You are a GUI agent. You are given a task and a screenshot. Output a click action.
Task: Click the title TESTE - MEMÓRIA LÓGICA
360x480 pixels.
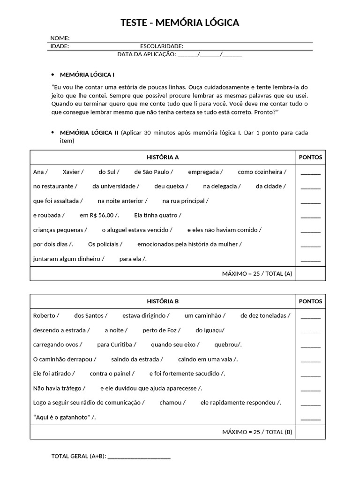pos(180,22)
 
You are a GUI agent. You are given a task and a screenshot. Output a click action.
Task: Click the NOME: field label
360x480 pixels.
pos(60,38)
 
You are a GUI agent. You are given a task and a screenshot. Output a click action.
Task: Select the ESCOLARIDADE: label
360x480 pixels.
pos(162,46)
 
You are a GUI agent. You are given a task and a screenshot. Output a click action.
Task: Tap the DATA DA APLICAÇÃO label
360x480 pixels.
pos(146,54)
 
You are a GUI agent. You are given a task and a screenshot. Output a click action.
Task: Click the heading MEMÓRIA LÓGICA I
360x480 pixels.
pos(87,75)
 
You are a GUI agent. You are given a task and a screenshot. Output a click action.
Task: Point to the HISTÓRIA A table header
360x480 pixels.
pos(163,157)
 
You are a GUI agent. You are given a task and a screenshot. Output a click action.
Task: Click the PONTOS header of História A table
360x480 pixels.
pos(310,157)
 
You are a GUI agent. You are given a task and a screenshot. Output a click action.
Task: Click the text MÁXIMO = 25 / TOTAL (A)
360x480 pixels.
pos(257,273)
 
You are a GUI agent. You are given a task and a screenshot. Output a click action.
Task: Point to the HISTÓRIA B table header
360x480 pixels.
pos(163,301)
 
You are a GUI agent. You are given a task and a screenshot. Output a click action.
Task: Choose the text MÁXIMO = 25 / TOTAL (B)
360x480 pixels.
pos(257,432)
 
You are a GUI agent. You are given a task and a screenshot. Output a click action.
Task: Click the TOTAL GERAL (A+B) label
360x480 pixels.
pos(78,456)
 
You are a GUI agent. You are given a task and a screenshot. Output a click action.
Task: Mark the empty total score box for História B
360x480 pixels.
pos(310,432)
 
